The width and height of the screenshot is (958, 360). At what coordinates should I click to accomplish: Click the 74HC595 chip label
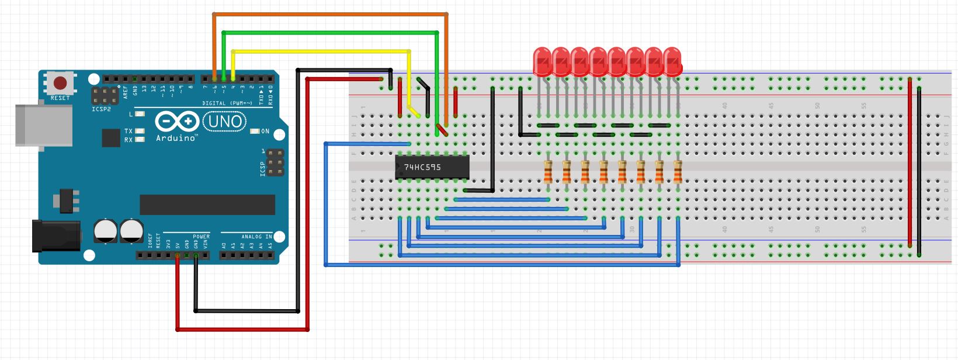click(422, 167)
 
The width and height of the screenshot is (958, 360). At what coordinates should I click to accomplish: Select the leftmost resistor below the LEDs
click(548, 172)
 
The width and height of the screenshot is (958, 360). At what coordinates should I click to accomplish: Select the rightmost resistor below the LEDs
click(678, 172)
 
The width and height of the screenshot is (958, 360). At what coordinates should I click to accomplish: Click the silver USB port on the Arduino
click(44, 125)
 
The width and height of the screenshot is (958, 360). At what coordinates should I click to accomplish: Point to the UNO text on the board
click(224, 122)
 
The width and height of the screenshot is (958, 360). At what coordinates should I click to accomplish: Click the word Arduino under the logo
click(176, 138)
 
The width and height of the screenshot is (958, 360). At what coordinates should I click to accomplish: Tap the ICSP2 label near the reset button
click(101, 109)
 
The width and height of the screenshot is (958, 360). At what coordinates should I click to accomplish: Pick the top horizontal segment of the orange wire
click(330, 14)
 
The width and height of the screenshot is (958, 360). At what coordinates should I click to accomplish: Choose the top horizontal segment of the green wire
click(330, 32)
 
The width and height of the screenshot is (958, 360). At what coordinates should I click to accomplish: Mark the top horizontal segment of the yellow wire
click(321, 51)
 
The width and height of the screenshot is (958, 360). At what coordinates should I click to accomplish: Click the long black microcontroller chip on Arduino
click(207, 205)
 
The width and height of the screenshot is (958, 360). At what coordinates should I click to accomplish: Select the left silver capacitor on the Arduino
click(106, 231)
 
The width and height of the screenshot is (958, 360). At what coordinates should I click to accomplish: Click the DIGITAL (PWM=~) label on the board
click(227, 103)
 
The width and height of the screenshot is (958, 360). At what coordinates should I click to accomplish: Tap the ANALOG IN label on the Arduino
click(256, 237)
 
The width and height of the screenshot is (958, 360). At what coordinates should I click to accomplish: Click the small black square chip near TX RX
click(110, 138)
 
